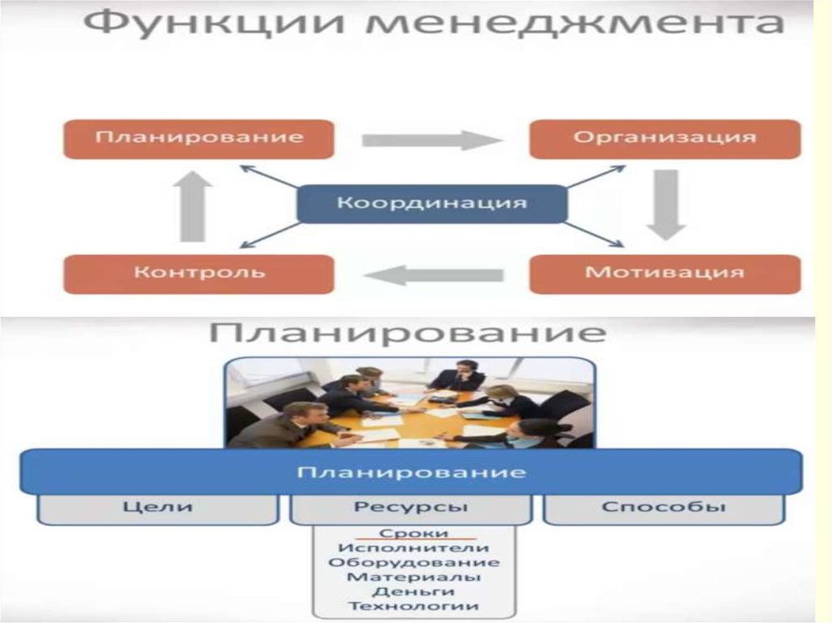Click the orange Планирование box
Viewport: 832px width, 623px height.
[198, 138]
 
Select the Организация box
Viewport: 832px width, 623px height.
[665, 138]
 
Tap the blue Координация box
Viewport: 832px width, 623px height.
[431, 203]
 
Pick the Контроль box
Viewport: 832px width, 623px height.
[198, 273]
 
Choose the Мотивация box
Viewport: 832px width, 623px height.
[665, 273]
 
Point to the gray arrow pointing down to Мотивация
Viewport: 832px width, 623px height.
[666, 204]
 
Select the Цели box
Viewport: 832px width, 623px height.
[158, 508]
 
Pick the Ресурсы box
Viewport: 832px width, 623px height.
[410, 508]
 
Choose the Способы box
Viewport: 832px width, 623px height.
[663, 508]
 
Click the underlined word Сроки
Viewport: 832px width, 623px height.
[414, 533]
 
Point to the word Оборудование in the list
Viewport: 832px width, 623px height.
[414, 562]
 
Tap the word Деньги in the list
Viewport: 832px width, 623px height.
[414, 591]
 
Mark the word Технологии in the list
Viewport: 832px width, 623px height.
[414, 606]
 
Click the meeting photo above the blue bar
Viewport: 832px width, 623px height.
[410, 403]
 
